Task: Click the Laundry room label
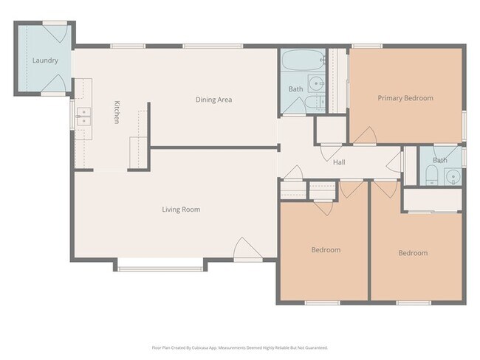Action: click(44, 60)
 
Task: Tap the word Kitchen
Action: click(116, 111)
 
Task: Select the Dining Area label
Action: click(214, 99)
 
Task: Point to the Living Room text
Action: click(181, 210)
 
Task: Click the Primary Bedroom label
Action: click(405, 97)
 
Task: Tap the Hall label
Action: click(339, 162)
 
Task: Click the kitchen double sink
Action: click(83, 117)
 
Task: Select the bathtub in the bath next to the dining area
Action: click(302, 60)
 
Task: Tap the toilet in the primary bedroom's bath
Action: click(432, 176)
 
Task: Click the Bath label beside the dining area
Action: click(295, 89)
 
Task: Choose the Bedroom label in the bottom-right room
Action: click(413, 253)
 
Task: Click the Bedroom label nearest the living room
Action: click(326, 250)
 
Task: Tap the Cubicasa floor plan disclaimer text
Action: click(240, 347)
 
